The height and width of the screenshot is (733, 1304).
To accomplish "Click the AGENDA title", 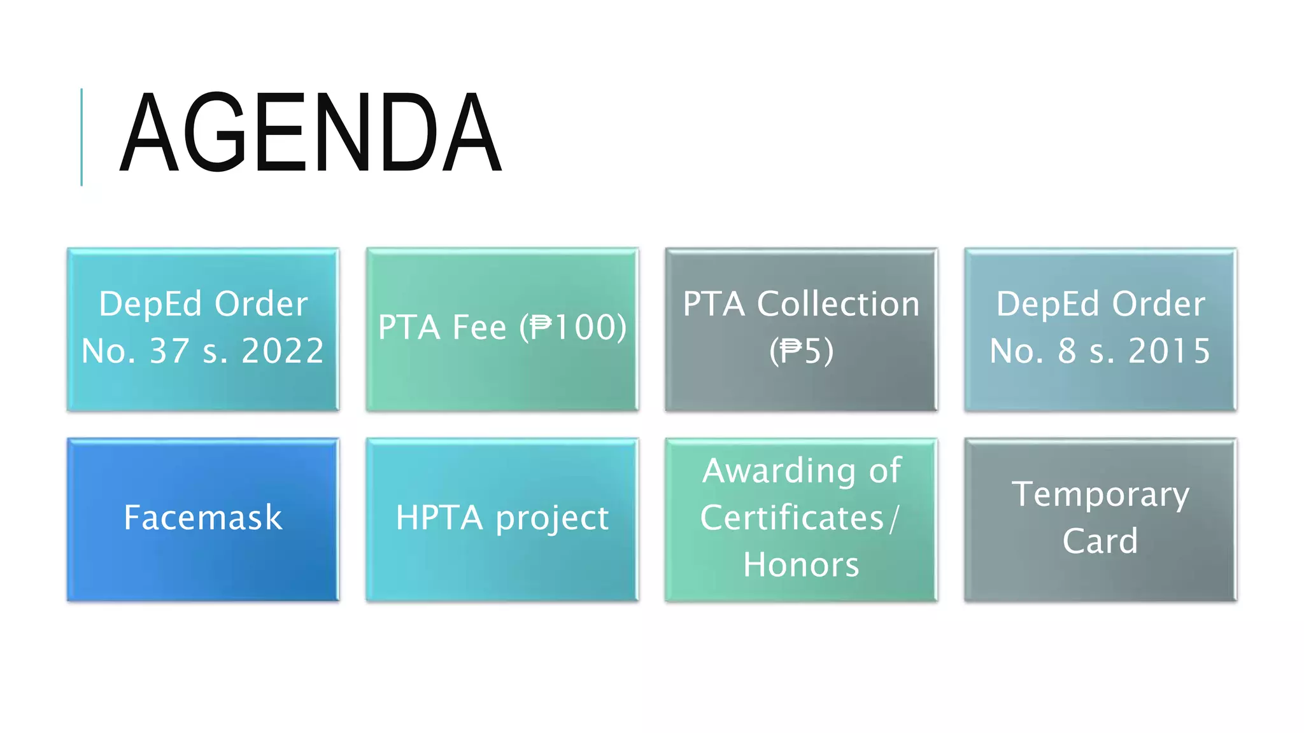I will (x=311, y=132).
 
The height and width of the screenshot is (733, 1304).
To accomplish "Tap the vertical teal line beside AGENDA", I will (x=81, y=137).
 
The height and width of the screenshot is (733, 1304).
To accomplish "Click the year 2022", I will (x=283, y=351).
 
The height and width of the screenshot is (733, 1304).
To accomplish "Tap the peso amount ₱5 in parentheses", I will (x=802, y=351).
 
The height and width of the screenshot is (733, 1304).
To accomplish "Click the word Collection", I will (x=838, y=304).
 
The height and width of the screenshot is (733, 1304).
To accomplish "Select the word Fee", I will (x=479, y=327).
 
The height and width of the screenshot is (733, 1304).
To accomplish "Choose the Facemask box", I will (x=202, y=518).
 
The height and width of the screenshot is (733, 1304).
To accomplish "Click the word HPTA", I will (x=439, y=518).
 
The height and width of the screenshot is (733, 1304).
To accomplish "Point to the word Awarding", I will (x=779, y=471).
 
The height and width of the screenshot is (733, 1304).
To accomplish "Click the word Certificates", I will (x=792, y=518).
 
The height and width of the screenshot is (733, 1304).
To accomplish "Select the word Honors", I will (x=801, y=565).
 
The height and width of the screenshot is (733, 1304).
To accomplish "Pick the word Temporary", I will (x=1100, y=495).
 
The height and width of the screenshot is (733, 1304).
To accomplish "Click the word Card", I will (x=1100, y=541).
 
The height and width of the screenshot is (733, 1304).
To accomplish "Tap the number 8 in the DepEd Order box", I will (x=1067, y=351).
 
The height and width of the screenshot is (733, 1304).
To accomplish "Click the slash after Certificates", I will (x=895, y=518).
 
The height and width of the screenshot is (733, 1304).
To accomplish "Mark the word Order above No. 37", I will (x=261, y=304).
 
